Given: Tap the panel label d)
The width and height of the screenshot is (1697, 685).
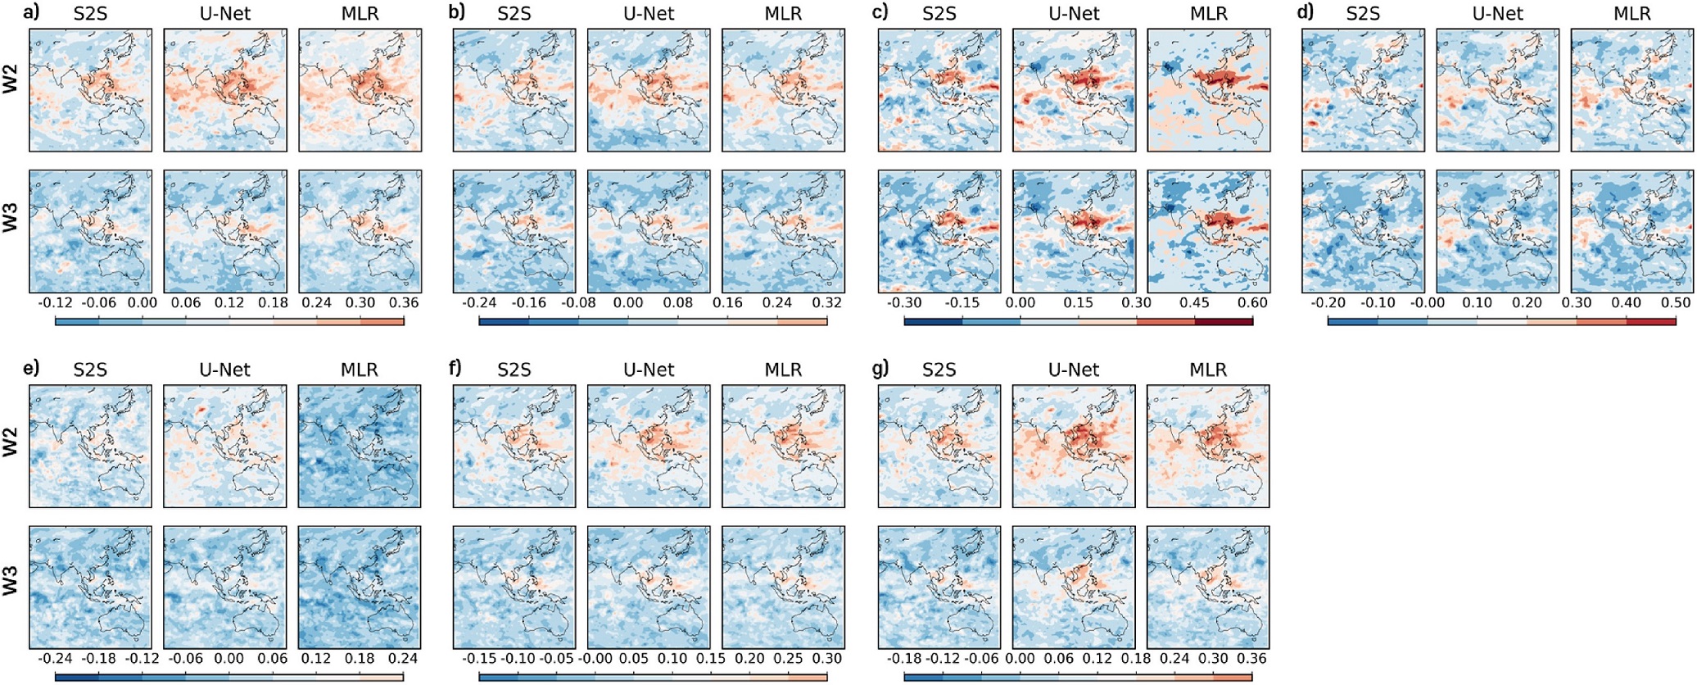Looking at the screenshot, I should click(x=1307, y=12).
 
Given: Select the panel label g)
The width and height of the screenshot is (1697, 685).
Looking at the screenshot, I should click(x=880, y=368).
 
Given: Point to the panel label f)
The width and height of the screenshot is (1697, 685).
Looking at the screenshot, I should click(x=456, y=368).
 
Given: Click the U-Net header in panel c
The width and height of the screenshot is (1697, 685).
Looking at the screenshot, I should click(x=1074, y=14).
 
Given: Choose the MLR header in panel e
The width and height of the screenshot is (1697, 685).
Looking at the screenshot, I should click(x=360, y=370).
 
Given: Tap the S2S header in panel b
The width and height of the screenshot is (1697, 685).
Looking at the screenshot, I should click(x=514, y=14).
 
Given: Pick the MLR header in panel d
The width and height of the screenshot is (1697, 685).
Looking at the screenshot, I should click(x=1632, y=14).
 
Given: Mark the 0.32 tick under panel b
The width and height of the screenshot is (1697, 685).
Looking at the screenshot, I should click(x=827, y=303).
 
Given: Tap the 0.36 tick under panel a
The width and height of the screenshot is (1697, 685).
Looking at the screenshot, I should click(x=403, y=303).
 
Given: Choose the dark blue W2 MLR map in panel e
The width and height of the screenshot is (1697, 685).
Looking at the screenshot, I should click(x=360, y=447).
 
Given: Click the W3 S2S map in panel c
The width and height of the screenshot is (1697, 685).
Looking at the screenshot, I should click(x=939, y=232).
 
